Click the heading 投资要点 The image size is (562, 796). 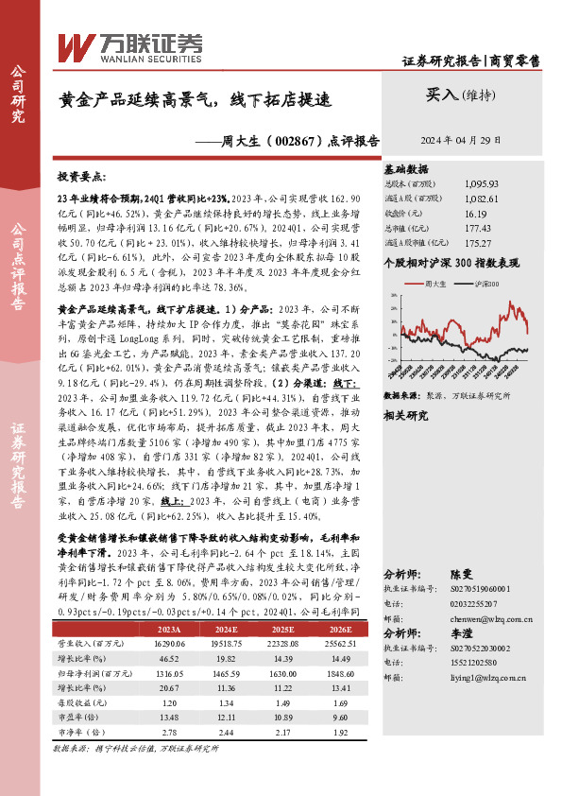(82, 177)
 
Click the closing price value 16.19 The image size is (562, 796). (478, 214)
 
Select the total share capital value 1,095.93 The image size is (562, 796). (482, 183)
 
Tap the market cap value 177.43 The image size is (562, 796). (479, 229)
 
